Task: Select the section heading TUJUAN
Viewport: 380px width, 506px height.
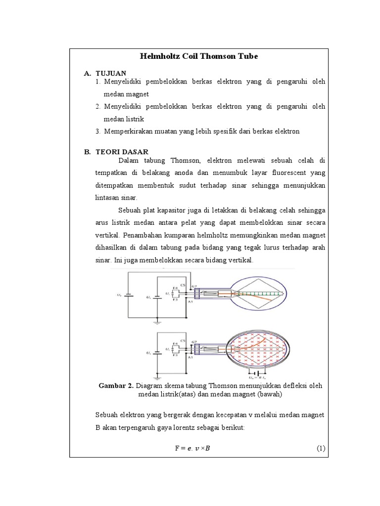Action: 110,73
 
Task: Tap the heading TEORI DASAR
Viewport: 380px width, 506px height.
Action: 122,152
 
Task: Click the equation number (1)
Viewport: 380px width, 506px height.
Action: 320,448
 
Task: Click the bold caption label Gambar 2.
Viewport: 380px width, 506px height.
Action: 116,385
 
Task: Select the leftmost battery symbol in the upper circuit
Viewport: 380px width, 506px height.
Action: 128,295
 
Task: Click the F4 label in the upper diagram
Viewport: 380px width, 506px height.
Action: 175,287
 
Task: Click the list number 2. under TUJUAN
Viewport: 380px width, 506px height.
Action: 98,106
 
